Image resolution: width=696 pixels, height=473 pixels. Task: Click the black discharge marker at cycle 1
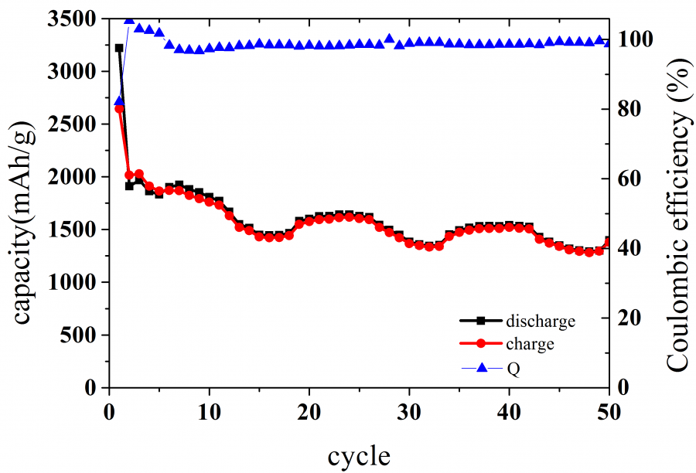tap(119, 48)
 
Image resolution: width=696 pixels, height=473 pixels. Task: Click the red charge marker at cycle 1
tap(119, 109)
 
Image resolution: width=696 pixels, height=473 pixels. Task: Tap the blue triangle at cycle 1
tap(119, 100)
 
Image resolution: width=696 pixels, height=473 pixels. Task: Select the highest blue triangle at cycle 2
tap(129, 19)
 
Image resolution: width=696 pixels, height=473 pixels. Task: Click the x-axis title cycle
tap(359, 455)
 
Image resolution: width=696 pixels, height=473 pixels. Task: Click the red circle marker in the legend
tap(480, 344)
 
